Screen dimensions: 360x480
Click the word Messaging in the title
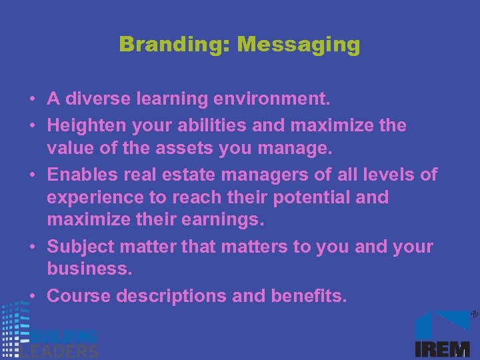(x=298, y=45)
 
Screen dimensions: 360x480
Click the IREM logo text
(x=442, y=349)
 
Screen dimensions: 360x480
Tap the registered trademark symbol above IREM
(x=475, y=313)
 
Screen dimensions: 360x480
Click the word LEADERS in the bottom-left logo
(x=60, y=351)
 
